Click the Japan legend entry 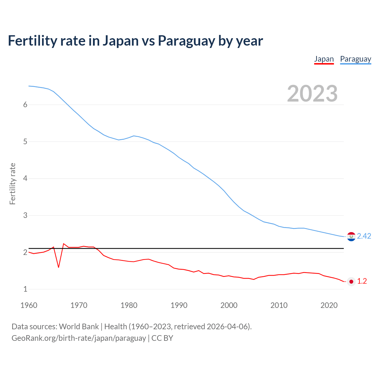(x=324, y=59)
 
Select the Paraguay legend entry (x=355, y=59)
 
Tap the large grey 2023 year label (x=312, y=94)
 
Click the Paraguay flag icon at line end (x=351, y=236)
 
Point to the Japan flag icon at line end (x=351, y=282)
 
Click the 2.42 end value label (x=364, y=236)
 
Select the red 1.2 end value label (x=362, y=281)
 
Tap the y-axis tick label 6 (x=25, y=105)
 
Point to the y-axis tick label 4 (x=25, y=179)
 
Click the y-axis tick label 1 (x=25, y=289)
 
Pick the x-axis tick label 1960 (x=29, y=305)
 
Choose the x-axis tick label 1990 (x=179, y=305)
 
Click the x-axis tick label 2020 (x=329, y=305)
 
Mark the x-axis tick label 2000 (x=229, y=305)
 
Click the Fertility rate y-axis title (x=12, y=184)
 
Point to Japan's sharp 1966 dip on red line (x=59, y=267)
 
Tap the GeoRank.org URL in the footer (x=78, y=338)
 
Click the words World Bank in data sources (x=79, y=327)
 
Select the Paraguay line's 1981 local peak (x=134, y=136)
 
